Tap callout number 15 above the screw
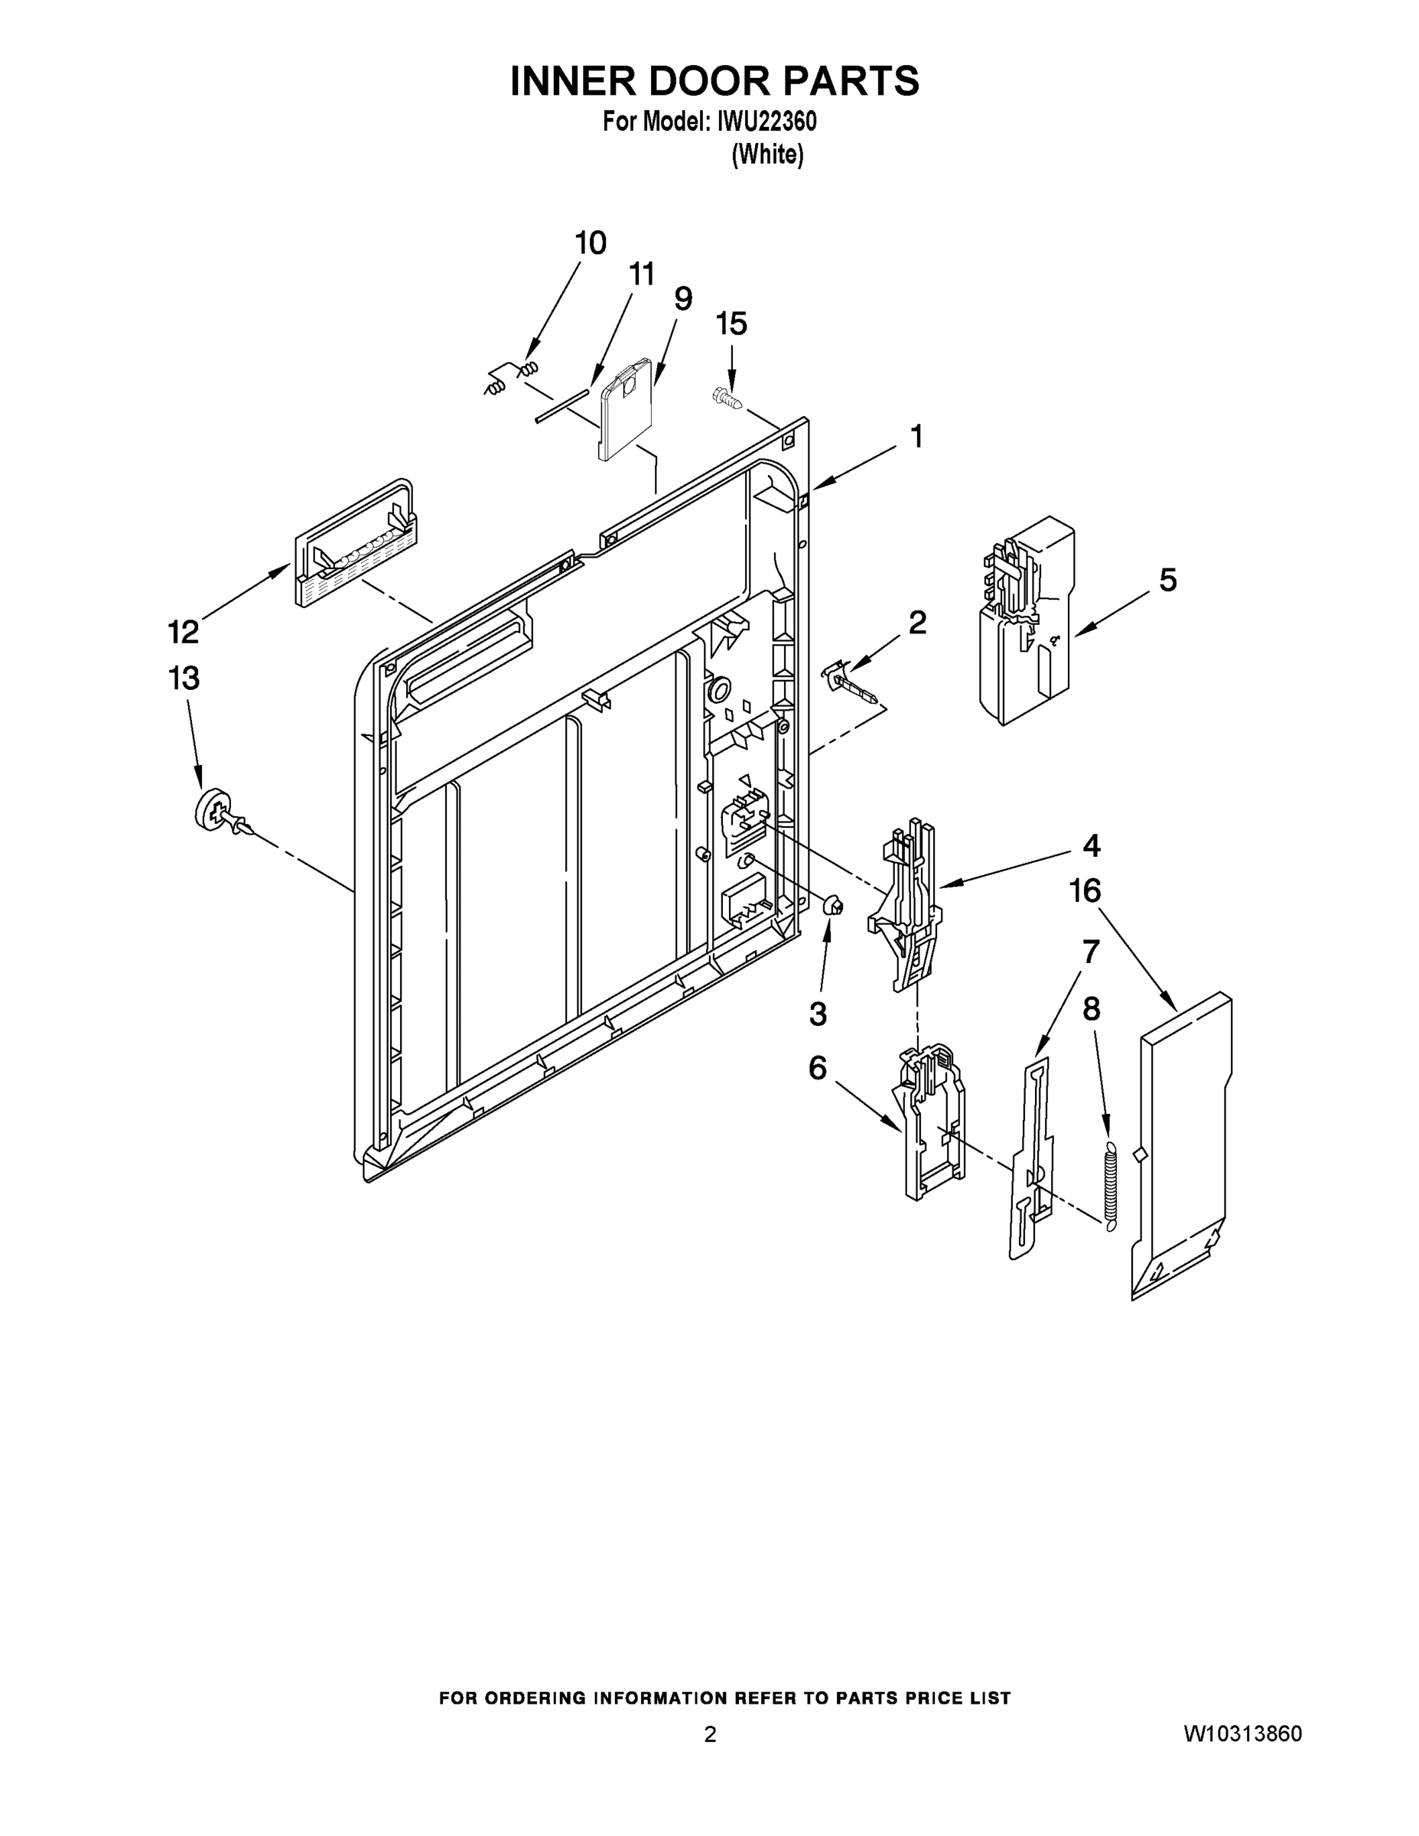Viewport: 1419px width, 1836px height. click(x=731, y=324)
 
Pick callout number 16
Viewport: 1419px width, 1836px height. click(x=1085, y=891)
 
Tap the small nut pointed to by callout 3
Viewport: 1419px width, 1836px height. click(x=833, y=906)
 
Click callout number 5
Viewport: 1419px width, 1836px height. click(x=1167, y=580)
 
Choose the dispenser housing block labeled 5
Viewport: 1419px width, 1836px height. click(x=1026, y=622)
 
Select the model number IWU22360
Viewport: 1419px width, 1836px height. click(x=766, y=122)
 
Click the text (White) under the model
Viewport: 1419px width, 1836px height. click(x=766, y=155)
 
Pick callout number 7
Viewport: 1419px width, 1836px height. click(x=1089, y=952)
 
